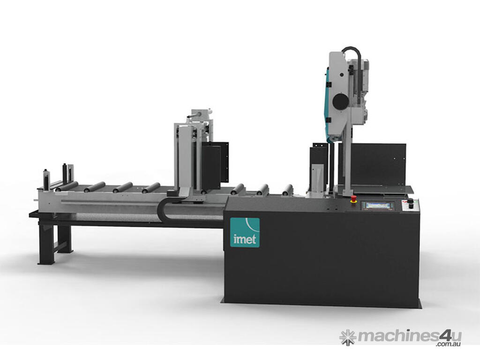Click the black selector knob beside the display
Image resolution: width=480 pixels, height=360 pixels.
tap(410, 202)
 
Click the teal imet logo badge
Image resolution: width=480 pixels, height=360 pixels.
tap(245, 232)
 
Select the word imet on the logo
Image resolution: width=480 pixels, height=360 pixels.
tap(245, 240)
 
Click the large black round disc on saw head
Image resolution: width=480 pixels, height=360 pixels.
tap(340, 101)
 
